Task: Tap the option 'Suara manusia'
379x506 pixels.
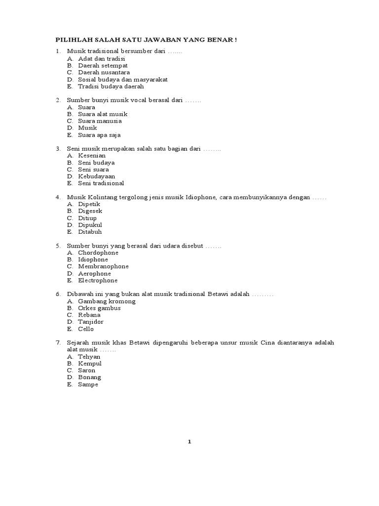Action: (x=100, y=121)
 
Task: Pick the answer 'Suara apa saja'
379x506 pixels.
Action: (x=99, y=134)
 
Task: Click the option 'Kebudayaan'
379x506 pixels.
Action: (x=96, y=176)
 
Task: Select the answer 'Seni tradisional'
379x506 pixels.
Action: (x=101, y=183)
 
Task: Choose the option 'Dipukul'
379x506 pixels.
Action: (x=90, y=225)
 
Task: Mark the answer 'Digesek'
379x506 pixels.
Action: (x=90, y=211)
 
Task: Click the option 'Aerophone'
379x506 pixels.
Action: (x=94, y=273)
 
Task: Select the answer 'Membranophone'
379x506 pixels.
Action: (x=103, y=266)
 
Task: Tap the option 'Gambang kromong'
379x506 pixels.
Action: (x=107, y=301)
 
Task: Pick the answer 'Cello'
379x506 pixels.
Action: (x=85, y=329)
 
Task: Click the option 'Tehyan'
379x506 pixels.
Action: (x=89, y=356)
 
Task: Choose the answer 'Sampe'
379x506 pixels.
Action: (x=88, y=384)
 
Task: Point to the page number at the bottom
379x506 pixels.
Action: (x=189, y=442)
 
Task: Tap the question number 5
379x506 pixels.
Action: (x=58, y=246)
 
